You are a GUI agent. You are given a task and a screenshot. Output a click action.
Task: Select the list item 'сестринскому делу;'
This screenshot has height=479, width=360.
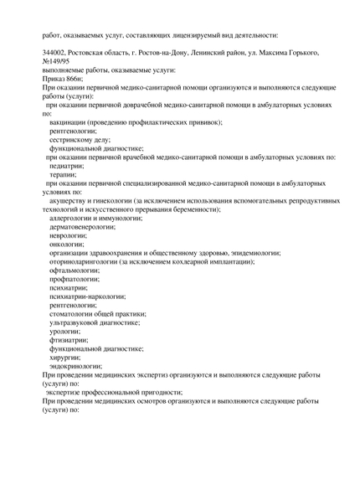80,140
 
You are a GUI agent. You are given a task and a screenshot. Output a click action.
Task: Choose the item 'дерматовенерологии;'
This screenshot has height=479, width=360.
82,227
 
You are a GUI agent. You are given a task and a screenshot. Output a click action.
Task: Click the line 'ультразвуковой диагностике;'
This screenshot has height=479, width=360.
94,322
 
